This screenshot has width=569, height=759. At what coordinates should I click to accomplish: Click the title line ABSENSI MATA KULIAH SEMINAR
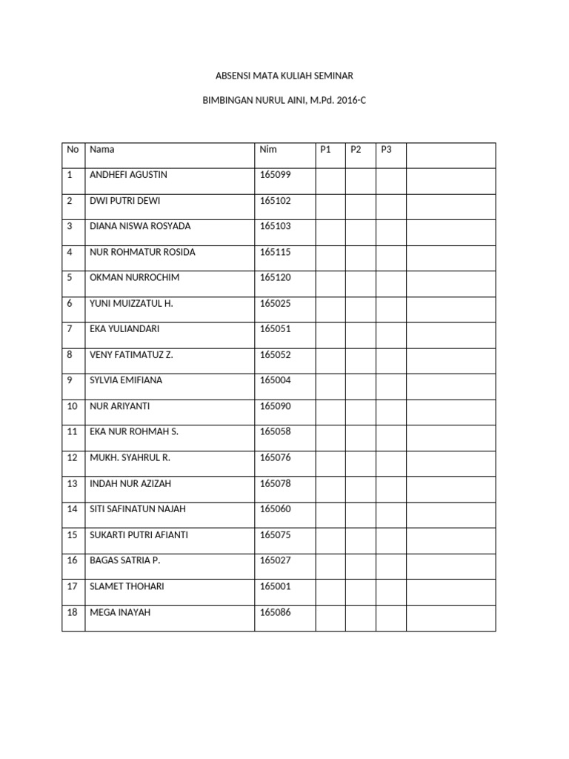point(284,76)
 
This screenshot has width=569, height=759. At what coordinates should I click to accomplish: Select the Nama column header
point(102,150)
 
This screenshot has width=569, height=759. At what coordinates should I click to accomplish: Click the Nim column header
point(268,150)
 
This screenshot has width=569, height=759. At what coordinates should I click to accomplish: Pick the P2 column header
point(356,150)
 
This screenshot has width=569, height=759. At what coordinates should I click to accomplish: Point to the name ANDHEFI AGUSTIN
point(128,175)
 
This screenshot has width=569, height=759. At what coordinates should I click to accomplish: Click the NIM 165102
point(275,201)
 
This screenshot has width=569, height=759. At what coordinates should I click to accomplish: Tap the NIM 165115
point(275,252)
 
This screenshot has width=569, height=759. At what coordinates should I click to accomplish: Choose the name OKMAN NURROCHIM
point(134,278)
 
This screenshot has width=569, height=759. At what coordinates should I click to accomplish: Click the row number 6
point(70,303)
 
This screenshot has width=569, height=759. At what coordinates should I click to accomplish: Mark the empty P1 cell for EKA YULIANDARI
point(330,334)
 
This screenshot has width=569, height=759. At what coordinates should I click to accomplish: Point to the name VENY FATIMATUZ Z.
point(131,355)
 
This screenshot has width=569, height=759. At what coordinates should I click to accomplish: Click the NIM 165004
point(275,380)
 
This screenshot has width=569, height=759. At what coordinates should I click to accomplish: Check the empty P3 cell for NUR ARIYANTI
point(390,411)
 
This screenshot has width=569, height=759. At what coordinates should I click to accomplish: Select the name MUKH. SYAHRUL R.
point(130,457)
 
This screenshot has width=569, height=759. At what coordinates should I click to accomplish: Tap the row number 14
point(72,509)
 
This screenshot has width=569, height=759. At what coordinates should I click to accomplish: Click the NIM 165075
point(275,535)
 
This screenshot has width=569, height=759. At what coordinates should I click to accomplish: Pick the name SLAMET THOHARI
point(127,586)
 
